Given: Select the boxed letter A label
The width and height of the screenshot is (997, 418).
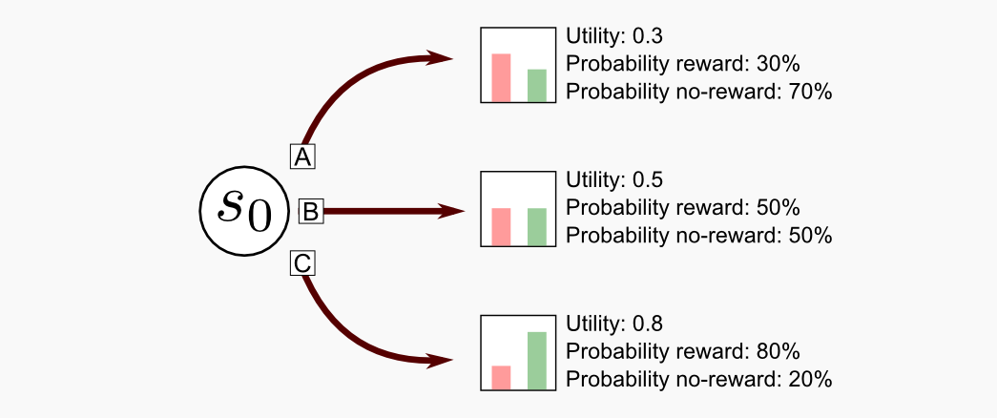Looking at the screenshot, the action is point(302,156).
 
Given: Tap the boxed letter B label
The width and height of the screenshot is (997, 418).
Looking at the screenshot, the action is point(311,211).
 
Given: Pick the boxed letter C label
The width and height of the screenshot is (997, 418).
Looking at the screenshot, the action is point(302,262).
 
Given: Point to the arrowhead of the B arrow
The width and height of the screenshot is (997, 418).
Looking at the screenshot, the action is point(452,211).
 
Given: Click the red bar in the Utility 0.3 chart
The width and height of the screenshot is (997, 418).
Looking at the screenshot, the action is point(501,77).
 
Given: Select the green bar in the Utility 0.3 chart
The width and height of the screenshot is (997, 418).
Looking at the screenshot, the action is point(536,85).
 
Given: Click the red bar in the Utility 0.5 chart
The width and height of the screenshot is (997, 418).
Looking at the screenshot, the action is point(501,226).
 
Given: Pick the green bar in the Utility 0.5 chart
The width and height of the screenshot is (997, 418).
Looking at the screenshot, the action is point(536,226).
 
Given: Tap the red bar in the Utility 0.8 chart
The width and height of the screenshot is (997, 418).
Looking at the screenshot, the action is point(501,377).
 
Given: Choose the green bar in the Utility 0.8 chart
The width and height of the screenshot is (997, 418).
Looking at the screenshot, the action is point(536,361).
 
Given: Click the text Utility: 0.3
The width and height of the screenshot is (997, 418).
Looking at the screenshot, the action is point(614,36).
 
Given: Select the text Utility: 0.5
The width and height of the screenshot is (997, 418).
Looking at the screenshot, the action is point(614,180).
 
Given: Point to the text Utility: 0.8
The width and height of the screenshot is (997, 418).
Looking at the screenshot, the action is point(614,324).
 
